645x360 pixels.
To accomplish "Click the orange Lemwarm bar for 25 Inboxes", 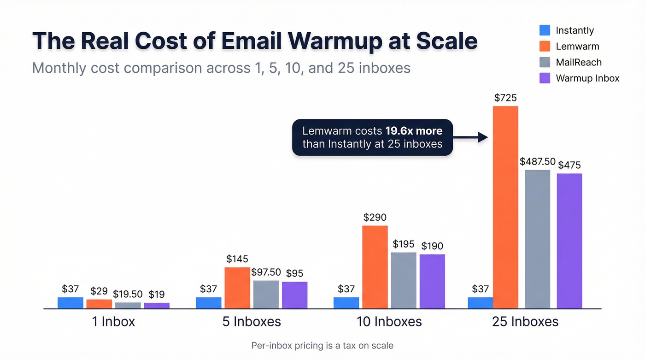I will [505, 207].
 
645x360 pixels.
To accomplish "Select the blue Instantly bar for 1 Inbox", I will [70, 303].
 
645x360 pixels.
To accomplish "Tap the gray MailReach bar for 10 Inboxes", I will [404, 280].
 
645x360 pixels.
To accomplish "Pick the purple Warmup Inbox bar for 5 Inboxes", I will [294, 295].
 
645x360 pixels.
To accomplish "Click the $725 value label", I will [505, 98].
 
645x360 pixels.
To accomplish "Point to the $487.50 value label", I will [538, 162].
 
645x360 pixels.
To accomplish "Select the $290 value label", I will [375, 217].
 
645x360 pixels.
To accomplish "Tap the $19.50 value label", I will [128, 294].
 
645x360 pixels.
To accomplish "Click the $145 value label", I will [237, 260].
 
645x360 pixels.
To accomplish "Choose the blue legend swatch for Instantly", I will [545, 30].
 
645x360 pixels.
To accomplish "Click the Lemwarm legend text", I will [577, 47].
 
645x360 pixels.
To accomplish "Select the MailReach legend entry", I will [579, 62].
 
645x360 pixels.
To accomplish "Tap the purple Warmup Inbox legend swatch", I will [545, 78].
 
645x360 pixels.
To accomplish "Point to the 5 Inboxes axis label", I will [252, 321].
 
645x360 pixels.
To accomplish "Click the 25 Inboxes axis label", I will [525, 321].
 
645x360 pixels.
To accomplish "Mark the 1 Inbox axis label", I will [113, 321].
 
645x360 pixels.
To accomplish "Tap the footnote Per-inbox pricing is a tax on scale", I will [322, 345].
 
